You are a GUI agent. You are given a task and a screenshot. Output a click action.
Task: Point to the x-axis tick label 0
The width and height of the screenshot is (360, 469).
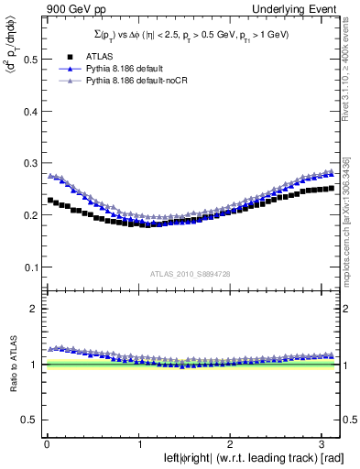(x=46, y=443)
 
